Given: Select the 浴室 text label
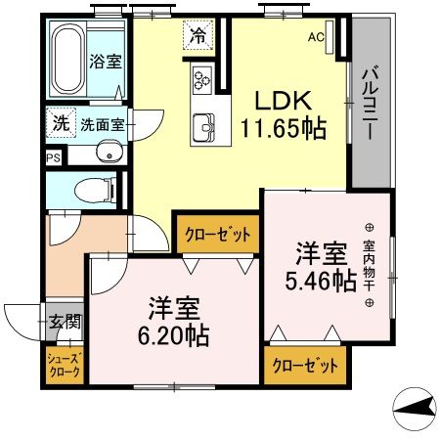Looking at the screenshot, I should [107, 61].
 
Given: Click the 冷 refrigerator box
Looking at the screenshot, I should [198, 37].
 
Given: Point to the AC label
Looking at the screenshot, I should [316, 38].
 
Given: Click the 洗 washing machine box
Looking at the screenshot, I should [61, 124].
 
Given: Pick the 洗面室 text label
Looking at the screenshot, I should [101, 125].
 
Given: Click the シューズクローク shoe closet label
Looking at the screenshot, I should [61, 365].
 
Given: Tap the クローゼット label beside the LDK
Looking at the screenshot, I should [218, 235].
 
